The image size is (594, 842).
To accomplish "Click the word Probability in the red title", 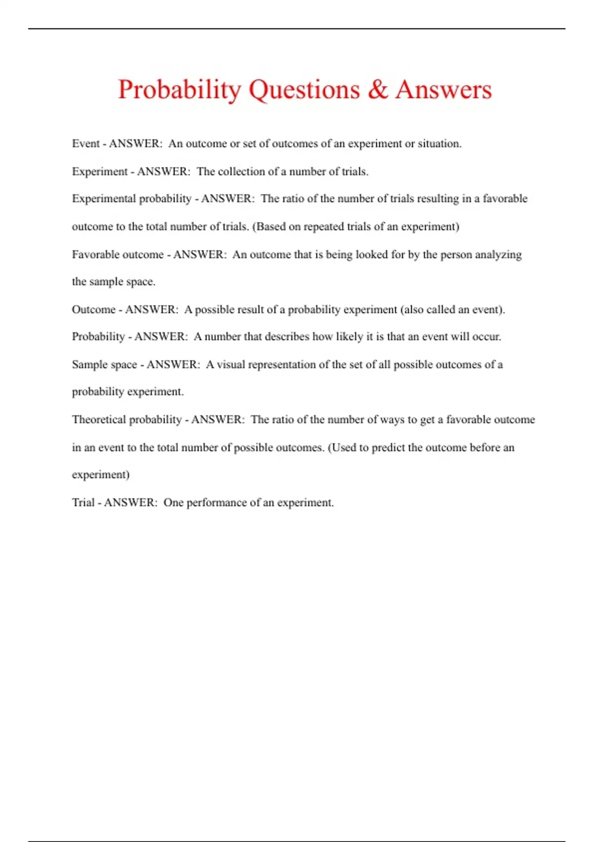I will pos(179,90).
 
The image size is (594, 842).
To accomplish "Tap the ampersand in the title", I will pos(377,89).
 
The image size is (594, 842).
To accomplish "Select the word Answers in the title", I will pos(443,89).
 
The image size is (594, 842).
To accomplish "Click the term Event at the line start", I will pos(86,144).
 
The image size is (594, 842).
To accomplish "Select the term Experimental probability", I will pos(131,199).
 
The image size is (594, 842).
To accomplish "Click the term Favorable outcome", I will pos(117,255).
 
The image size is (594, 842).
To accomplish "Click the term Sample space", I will pos(104,365).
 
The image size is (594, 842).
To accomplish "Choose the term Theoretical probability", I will pos(127,420).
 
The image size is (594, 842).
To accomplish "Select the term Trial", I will pos(83,503).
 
